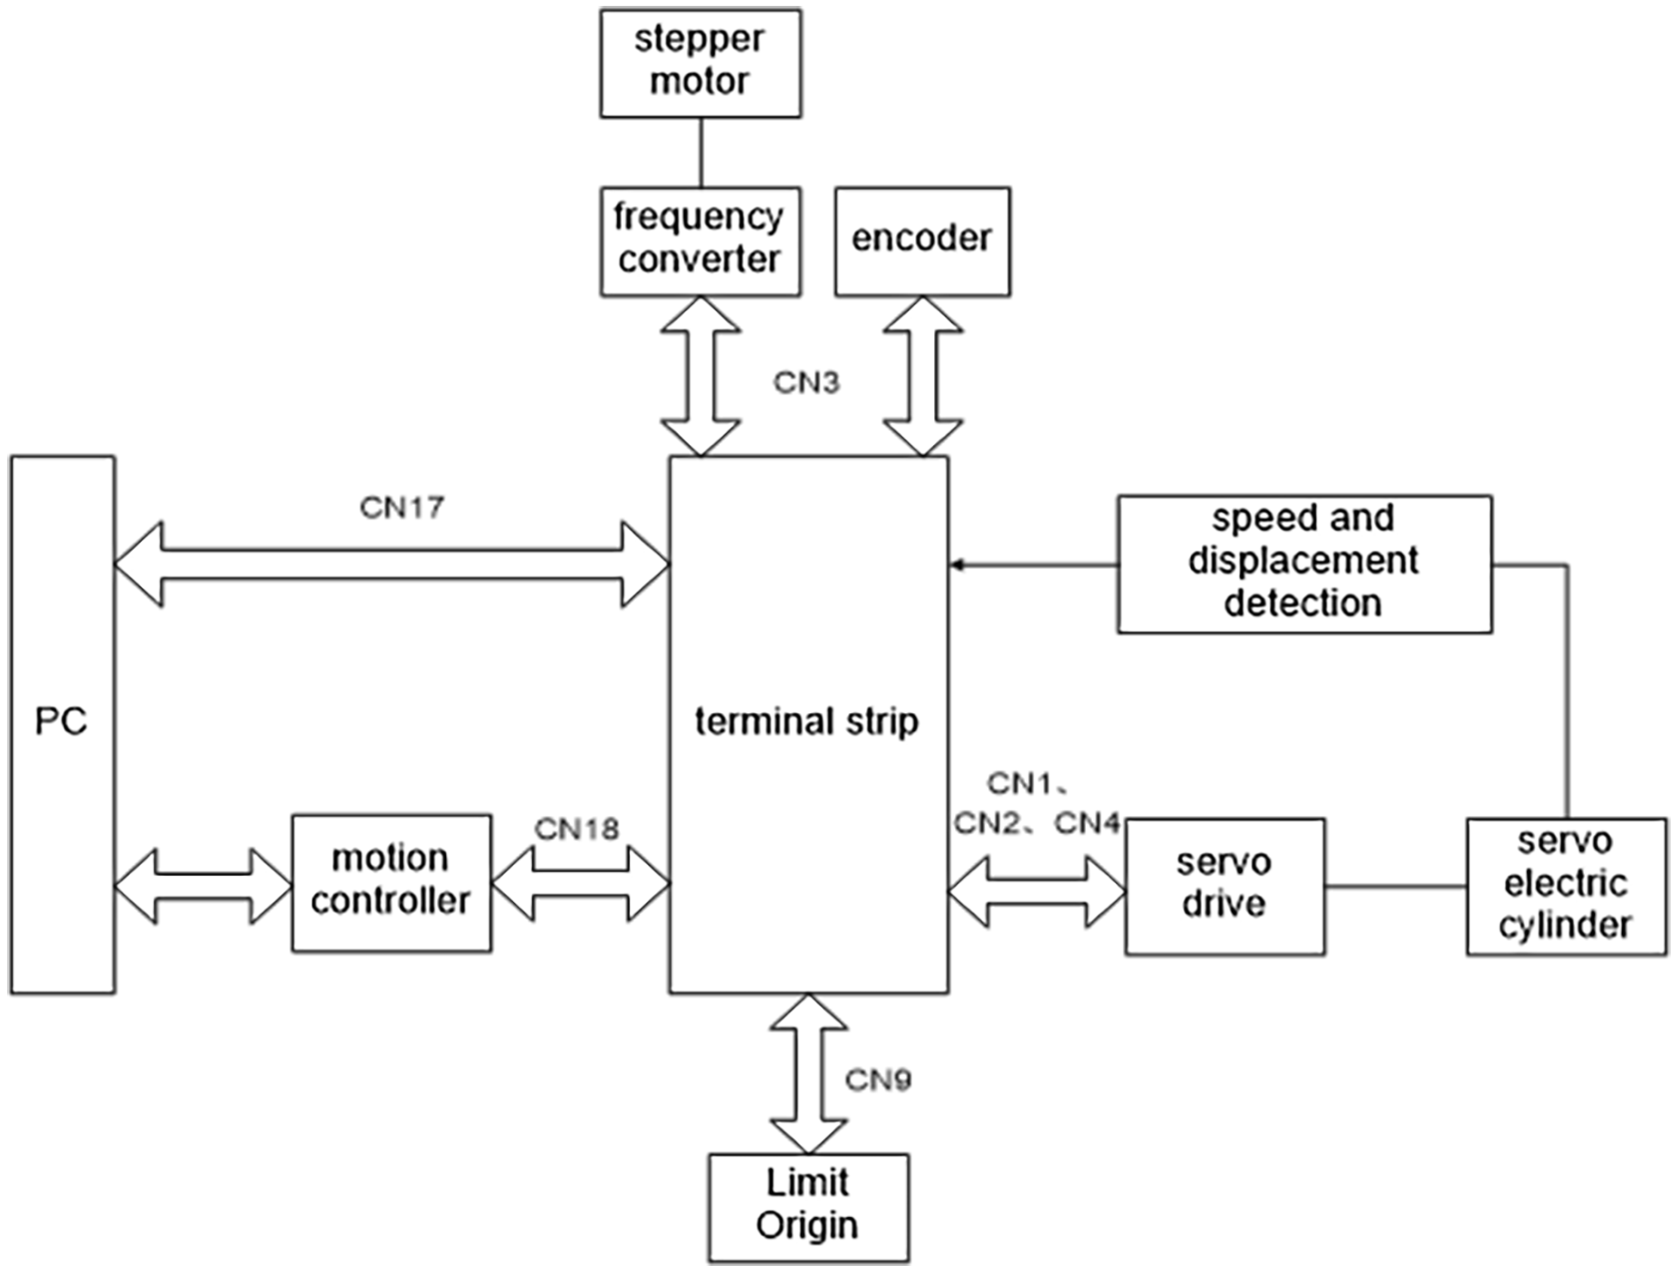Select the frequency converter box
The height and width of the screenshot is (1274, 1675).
[x=700, y=241]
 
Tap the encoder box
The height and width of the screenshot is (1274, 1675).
[x=922, y=241]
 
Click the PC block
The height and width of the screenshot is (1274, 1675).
[x=62, y=724]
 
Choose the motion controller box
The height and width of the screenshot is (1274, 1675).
[x=391, y=883]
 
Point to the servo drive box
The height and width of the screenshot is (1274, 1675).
[x=1224, y=886]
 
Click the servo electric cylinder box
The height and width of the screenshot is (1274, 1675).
[x=1566, y=886]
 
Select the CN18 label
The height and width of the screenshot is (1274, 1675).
[x=577, y=830]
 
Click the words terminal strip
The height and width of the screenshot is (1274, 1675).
[x=807, y=722]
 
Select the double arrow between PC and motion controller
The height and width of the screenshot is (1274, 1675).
[x=203, y=885]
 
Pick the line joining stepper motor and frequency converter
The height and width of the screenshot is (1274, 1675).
[x=700, y=153]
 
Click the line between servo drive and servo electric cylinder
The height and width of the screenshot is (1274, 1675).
[x=1395, y=885]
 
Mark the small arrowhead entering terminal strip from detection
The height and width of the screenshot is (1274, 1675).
[x=958, y=565]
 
